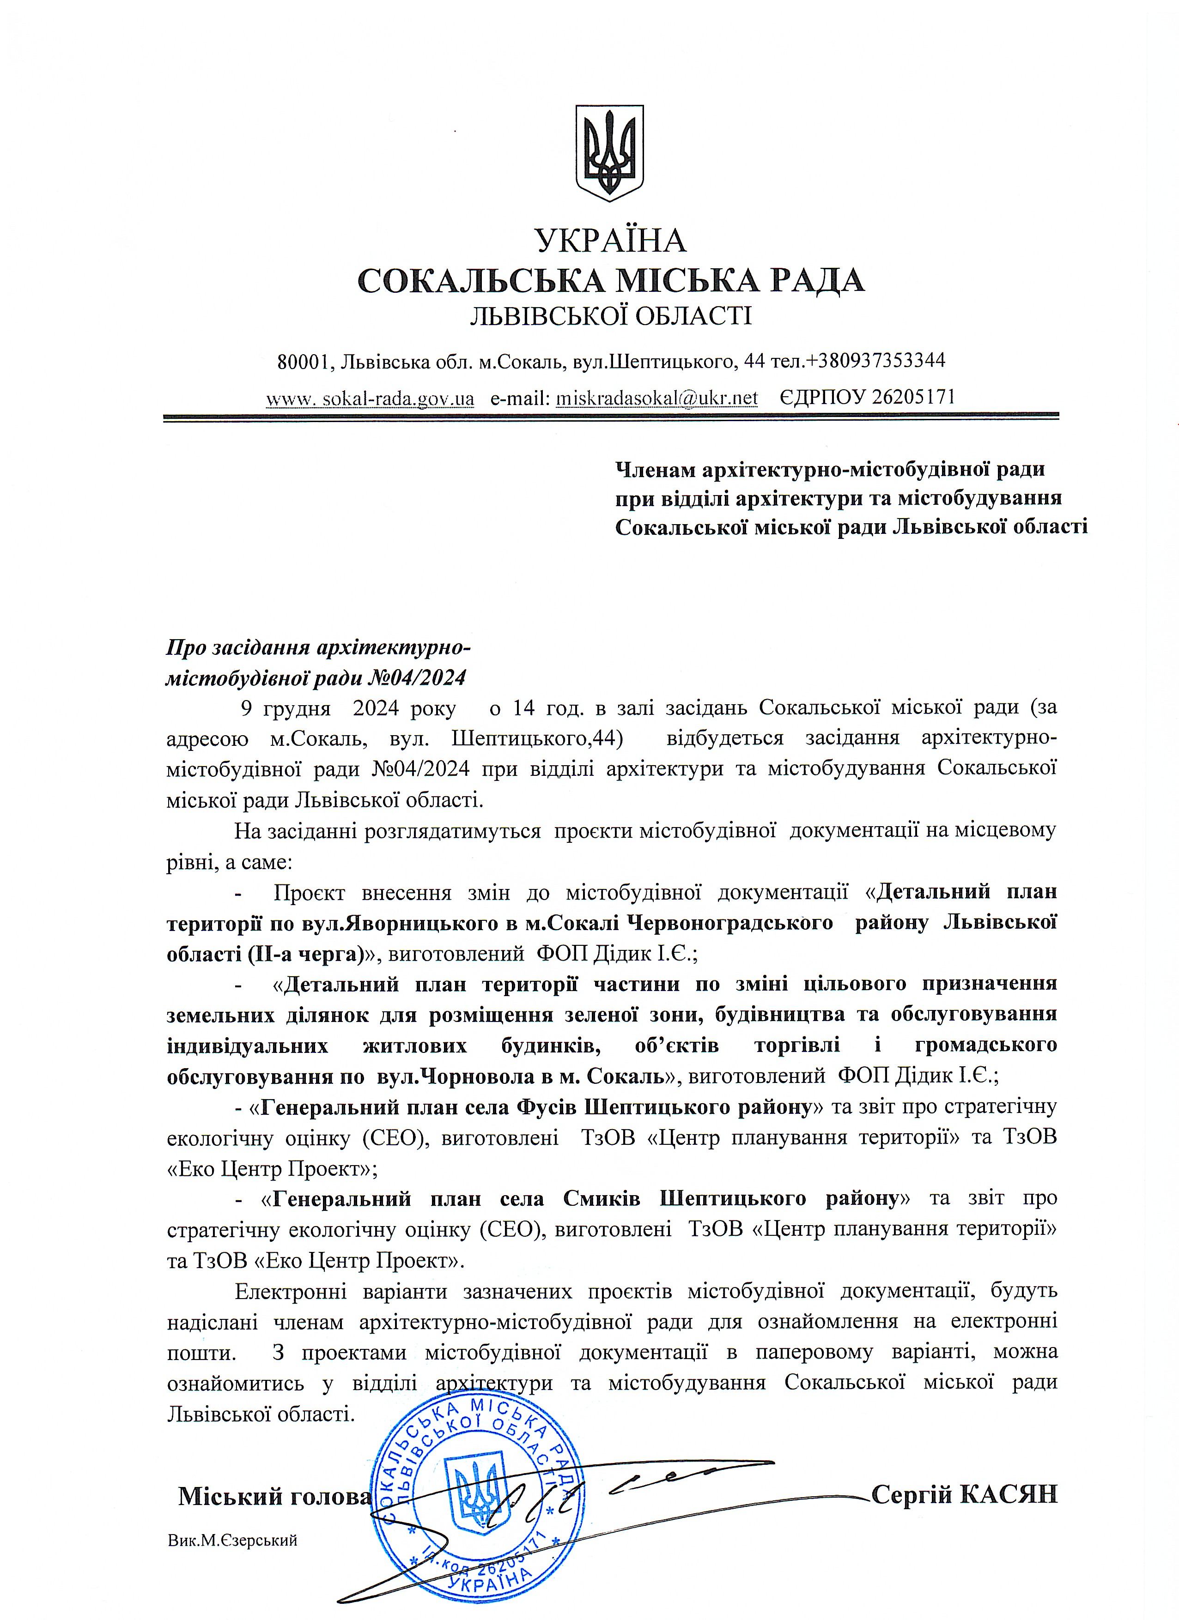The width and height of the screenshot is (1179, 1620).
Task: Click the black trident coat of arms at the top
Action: click(x=609, y=152)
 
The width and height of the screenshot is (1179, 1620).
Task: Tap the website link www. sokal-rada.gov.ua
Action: click(x=370, y=398)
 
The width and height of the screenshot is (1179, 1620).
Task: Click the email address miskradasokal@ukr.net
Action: click(x=656, y=398)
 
